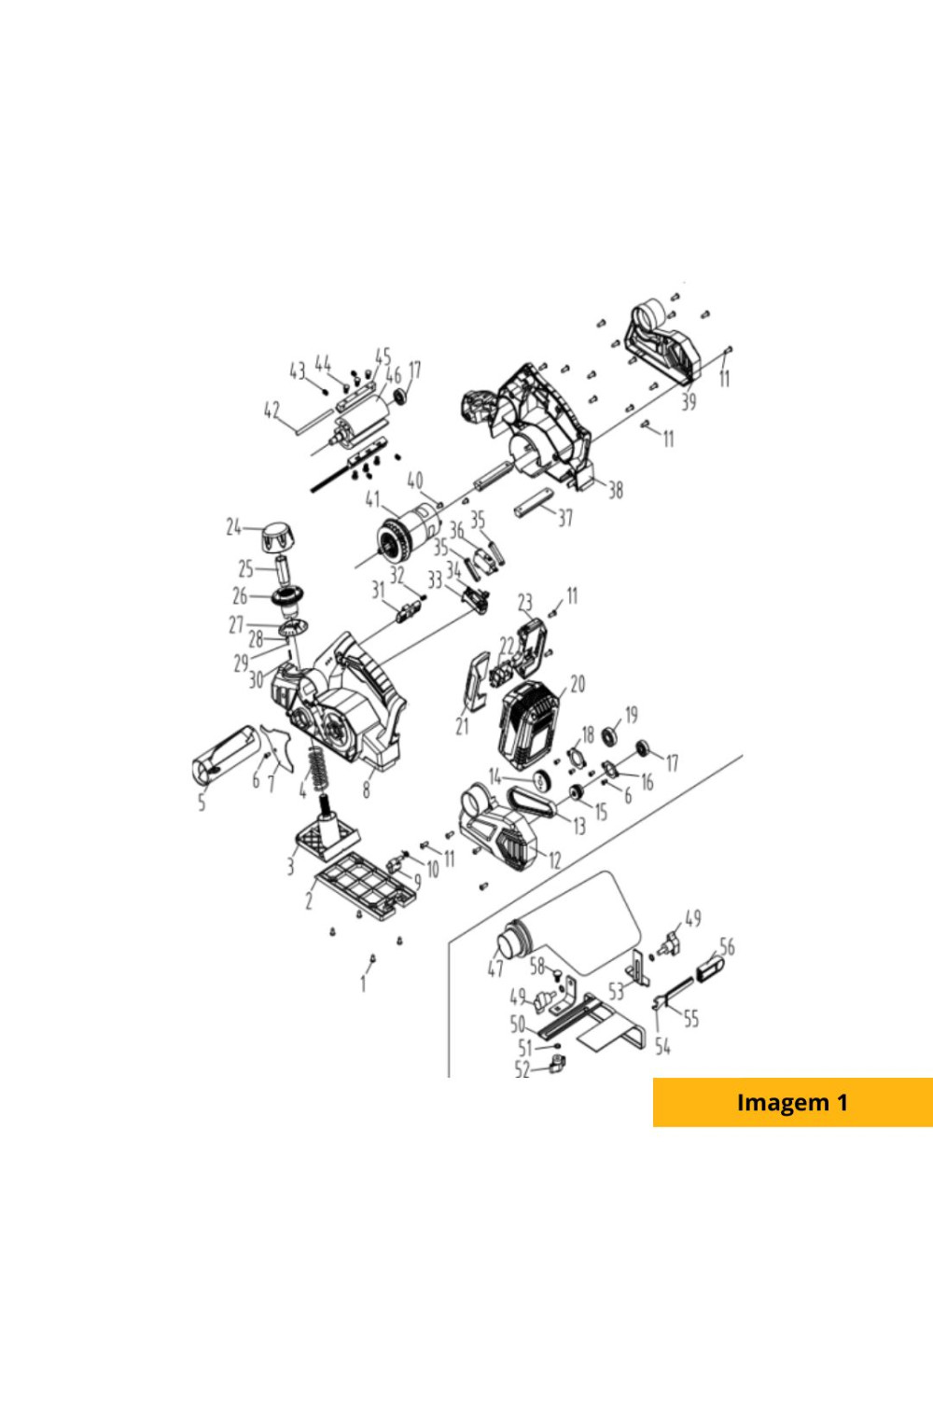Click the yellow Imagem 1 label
pos(793,1102)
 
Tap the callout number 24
pos(234,527)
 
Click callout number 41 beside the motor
pos(373,501)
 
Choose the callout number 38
pos(615,489)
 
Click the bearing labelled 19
pos(608,735)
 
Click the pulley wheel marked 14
pos(541,782)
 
